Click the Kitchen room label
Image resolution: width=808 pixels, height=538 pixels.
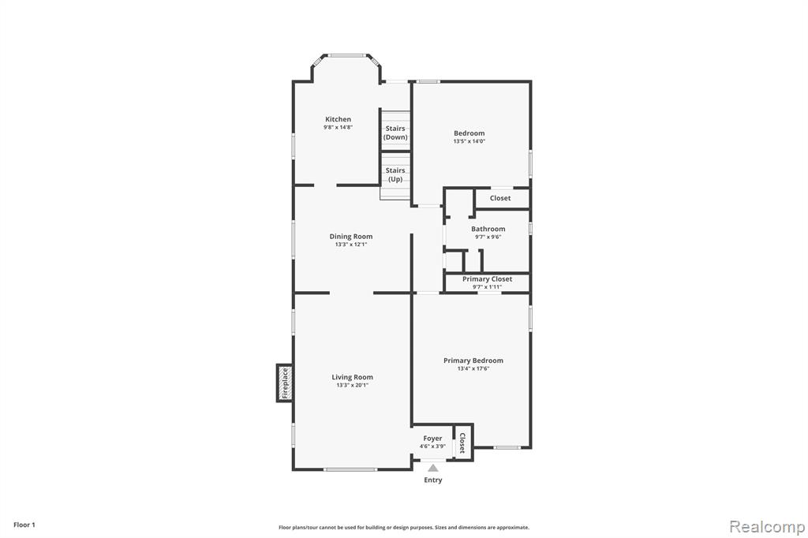(338, 119)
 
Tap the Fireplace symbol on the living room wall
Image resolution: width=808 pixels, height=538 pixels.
(285, 383)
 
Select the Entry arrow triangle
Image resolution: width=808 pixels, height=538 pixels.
(433, 468)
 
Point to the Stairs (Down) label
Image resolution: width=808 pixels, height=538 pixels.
(395, 133)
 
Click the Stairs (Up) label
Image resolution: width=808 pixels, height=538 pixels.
(395, 174)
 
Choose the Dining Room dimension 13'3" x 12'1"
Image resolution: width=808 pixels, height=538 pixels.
(351, 245)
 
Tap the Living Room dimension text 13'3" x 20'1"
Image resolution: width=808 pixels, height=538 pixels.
(353, 385)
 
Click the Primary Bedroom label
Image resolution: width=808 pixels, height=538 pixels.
(473, 361)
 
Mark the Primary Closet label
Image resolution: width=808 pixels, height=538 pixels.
(487, 278)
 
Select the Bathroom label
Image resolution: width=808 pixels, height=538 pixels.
(488, 229)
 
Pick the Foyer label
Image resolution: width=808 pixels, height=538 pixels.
(432, 438)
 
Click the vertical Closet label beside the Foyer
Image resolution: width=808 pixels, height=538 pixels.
(462, 443)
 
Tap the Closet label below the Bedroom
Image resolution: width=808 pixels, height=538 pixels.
(500, 198)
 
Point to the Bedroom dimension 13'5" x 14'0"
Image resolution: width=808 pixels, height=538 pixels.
(469, 141)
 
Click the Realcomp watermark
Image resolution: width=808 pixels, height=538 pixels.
(767, 527)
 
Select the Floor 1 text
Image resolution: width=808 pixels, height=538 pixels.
(24, 525)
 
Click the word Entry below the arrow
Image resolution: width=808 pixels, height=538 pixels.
(433, 480)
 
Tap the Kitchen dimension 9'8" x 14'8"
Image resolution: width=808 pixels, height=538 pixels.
(338, 127)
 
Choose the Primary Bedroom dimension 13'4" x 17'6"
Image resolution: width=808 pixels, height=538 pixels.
(473, 368)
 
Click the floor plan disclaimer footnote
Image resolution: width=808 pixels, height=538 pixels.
(404, 527)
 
